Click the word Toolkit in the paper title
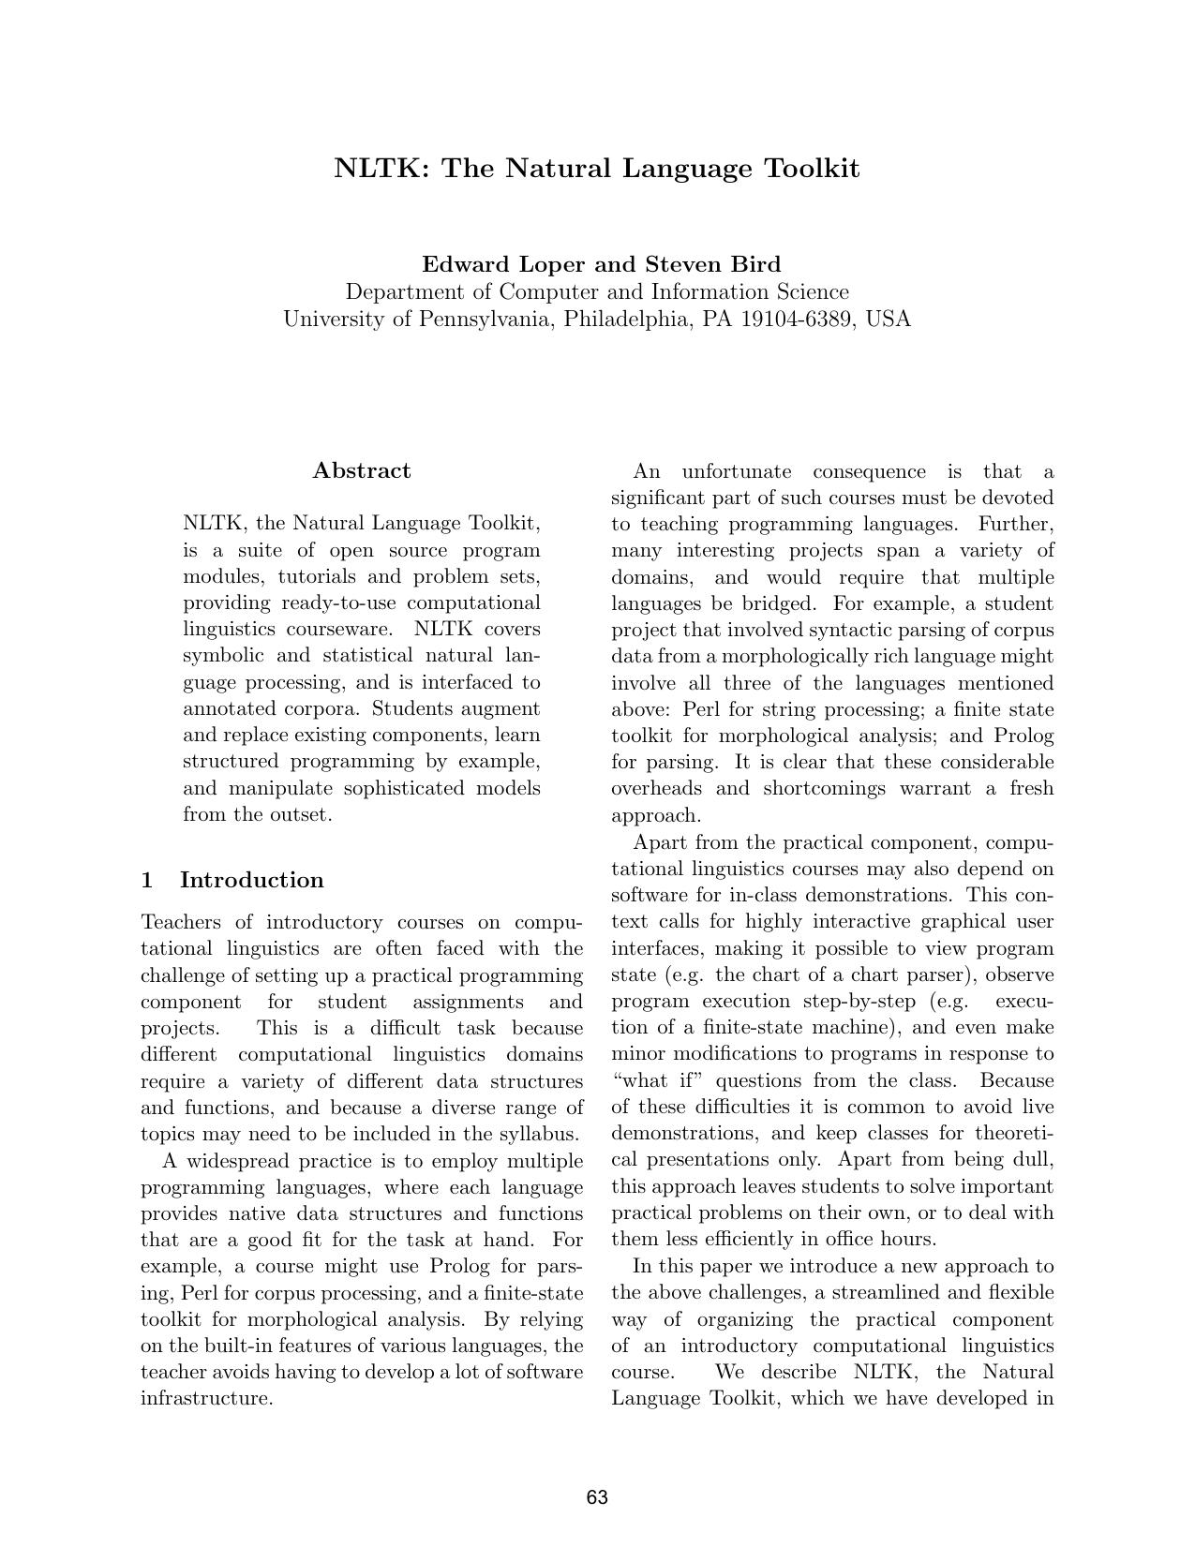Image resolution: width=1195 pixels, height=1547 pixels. coord(812,169)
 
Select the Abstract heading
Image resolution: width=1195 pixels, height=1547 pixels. coord(362,470)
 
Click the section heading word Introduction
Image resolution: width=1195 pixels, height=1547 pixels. coord(251,880)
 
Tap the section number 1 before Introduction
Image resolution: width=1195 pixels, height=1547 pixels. coord(147,880)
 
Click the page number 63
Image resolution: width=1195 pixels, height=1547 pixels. coord(597,1497)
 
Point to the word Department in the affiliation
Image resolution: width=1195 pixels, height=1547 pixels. coord(403,292)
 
